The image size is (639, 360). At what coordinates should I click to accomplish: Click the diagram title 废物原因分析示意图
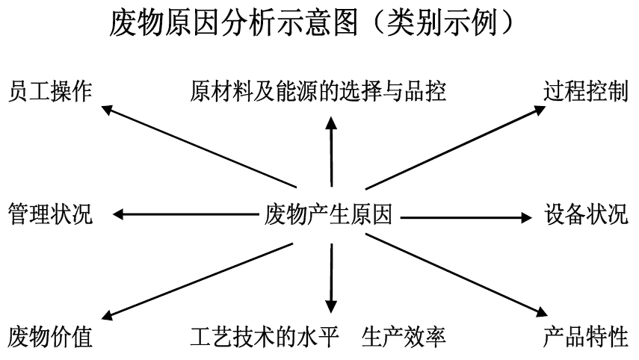[233, 23]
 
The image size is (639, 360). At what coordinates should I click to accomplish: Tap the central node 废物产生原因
[328, 214]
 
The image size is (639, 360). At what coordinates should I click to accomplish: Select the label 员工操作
[50, 91]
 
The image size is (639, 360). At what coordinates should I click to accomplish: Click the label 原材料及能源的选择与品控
[318, 91]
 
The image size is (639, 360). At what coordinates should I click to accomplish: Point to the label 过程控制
[586, 91]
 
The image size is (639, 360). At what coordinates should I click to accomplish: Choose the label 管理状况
[50, 214]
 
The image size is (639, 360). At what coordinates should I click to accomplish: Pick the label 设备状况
[586, 214]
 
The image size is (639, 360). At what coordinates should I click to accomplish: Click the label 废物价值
[50, 337]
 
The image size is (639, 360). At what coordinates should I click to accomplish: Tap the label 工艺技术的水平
[264, 337]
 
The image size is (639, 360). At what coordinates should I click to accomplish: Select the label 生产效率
[404, 337]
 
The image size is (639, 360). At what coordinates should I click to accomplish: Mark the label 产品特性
[586, 337]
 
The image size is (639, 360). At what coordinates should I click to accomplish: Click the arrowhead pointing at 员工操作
[106, 110]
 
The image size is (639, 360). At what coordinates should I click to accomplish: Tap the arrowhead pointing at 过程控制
[540, 110]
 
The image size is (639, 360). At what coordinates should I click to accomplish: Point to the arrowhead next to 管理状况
[118, 214]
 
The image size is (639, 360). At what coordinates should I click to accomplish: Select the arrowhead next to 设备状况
[527, 217]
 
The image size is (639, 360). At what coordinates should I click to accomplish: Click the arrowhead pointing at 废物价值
[106, 315]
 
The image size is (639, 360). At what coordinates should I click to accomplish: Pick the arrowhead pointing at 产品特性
[542, 312]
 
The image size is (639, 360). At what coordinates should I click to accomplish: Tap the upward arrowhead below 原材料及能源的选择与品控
[331, 122]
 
